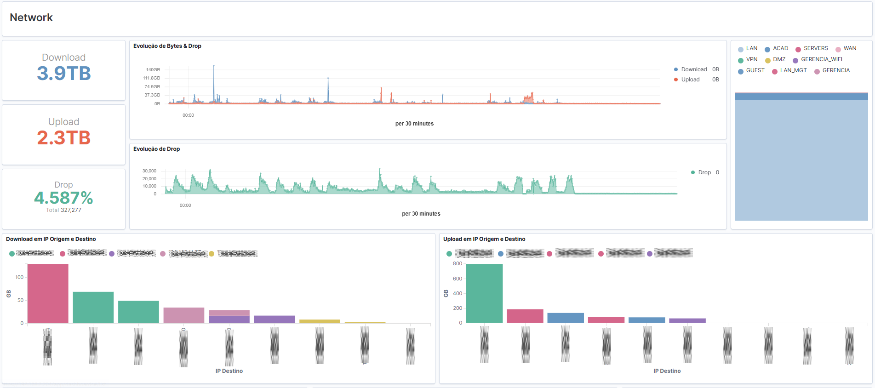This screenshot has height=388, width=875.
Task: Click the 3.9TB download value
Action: point(64,74)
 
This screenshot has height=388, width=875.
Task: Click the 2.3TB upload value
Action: point(64,138)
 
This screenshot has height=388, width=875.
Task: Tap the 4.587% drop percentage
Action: point(64,198)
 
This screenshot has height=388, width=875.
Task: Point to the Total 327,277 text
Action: point(64,210)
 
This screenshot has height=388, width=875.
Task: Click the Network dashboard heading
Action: point(31,17)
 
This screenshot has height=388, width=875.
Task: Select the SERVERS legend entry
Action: point(815,48)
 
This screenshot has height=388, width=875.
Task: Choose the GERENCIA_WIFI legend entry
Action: point(821,59)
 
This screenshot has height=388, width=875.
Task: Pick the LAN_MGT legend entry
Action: point(793,70)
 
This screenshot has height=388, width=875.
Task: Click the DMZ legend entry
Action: point(779,59)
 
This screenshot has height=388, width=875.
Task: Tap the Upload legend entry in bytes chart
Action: point(690,80)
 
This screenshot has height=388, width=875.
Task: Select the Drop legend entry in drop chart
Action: point(704,172)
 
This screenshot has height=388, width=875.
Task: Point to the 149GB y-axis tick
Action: point(153,70)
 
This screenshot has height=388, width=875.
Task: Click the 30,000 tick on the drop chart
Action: point(149,171)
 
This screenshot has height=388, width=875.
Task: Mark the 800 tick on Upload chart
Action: point(457,264)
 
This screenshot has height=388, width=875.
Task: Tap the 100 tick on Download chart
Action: point(19,277)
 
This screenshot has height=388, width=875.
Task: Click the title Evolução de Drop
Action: point(156,149)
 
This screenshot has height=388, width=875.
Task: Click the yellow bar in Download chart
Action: point(320,321)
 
